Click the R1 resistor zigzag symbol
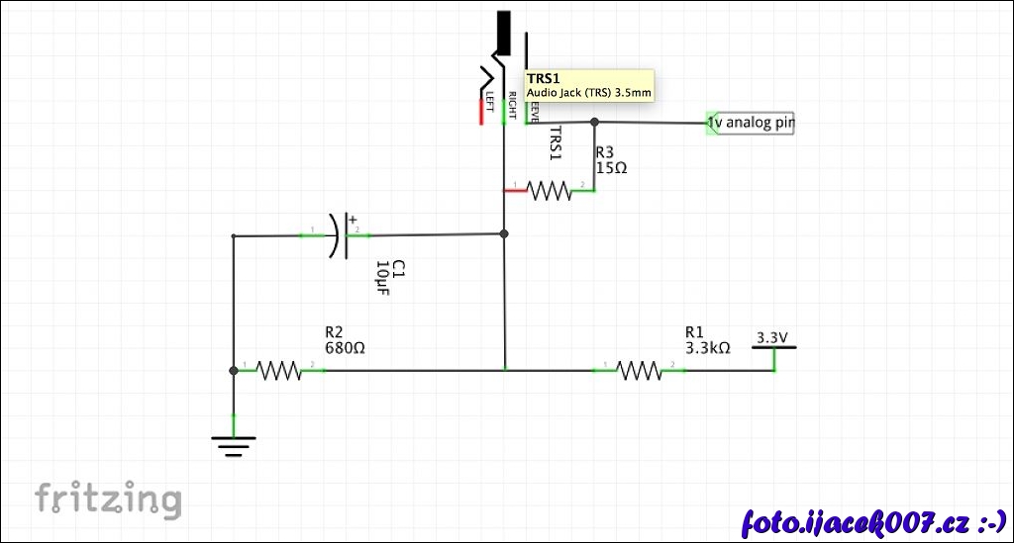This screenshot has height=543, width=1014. pos(639,370)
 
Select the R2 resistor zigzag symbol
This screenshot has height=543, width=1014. pos(278,370)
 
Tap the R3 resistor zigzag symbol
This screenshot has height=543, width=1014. pos(550,190)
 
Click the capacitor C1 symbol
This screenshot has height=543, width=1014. pos(339,235)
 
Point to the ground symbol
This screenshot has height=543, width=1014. pos(234,446)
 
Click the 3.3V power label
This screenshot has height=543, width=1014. pos(772,338)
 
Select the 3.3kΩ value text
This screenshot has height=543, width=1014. pos(707,348)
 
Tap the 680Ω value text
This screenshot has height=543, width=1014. pos(346,348)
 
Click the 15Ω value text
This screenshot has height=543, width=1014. pos(611,168)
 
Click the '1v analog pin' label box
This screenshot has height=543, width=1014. pos(752,124)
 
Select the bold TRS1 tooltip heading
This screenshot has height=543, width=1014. pos(544,78)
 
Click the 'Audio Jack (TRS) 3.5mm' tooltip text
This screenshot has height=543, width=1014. pos(589,92)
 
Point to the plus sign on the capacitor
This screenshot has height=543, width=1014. pos(352,221)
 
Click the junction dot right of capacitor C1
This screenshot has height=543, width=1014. pos(504,234)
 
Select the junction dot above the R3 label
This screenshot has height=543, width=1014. pos(594,123)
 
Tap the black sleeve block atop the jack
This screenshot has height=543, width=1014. pos(504,33)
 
